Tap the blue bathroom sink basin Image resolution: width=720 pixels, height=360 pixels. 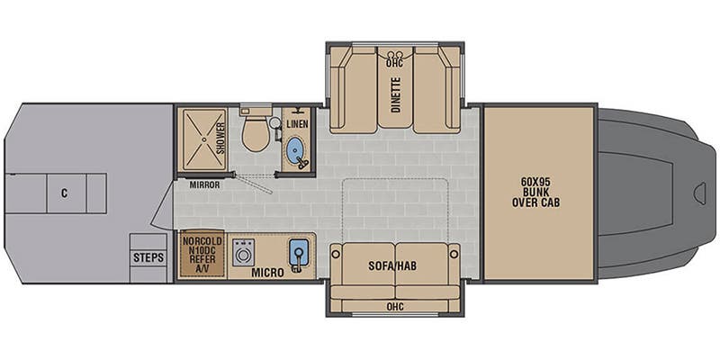point(294,148)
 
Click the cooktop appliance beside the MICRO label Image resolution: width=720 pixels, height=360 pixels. point(243,252)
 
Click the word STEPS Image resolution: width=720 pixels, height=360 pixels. point(148,257)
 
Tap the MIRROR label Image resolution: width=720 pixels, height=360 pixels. point(204,185)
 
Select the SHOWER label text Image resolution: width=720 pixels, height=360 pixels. point(220,139)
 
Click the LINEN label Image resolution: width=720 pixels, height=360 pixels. point(297,124)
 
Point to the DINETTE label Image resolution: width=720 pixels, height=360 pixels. point(395,94)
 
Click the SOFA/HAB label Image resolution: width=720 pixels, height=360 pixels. point(392,265)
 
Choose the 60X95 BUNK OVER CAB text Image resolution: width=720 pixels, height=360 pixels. point(535,192)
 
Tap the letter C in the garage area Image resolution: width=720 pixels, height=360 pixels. point(64,193)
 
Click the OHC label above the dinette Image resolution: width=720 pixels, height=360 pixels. point(394,63)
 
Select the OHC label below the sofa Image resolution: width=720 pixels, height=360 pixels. point(395,306)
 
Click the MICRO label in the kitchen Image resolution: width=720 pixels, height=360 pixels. point(267,273)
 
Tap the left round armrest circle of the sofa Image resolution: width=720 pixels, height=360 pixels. point(336,254)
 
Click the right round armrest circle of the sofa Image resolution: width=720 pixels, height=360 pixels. point(454,254)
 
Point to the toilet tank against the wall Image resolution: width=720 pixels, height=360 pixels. point(256,111)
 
